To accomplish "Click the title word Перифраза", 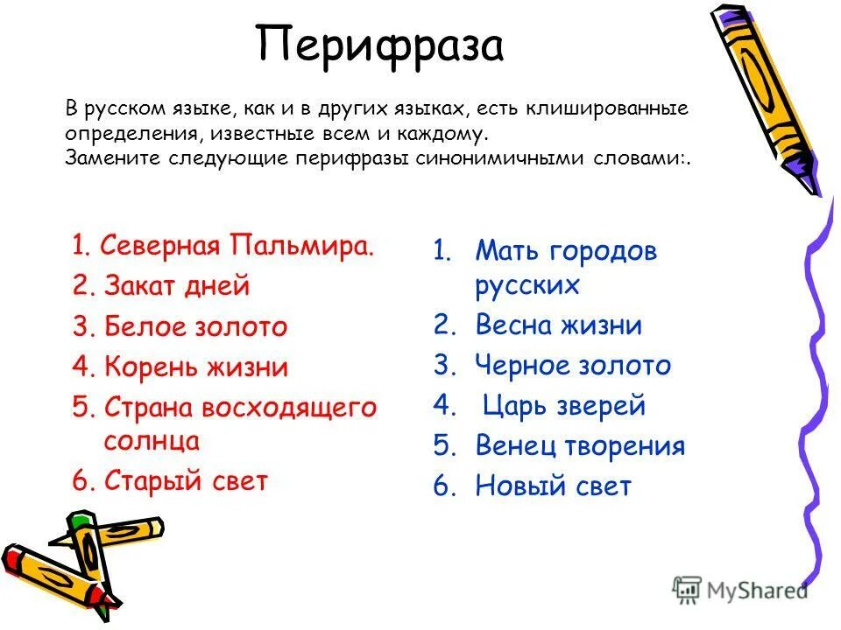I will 380,46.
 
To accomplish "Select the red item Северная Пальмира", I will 237,245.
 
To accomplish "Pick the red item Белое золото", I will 195,326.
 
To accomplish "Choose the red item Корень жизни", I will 195,367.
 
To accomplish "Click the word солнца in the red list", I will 152,440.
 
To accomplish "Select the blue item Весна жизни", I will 558,325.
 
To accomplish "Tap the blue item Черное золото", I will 573,366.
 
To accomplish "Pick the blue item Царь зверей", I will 563,406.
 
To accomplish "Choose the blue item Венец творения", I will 580,446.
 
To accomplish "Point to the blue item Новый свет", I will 553,486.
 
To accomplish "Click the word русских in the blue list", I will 527,285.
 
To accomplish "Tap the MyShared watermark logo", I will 739,590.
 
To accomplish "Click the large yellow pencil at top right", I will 766,96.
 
